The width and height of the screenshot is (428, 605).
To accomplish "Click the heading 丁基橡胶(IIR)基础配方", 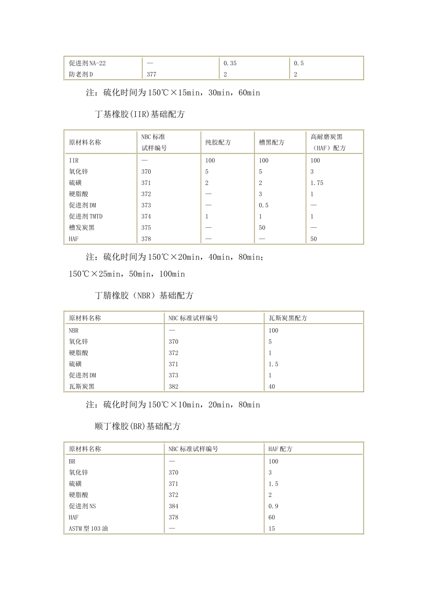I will pyautogui.click(x=140, y=114).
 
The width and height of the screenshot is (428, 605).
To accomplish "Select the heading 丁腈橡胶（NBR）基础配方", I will pyautogui.click(x=144, y=296).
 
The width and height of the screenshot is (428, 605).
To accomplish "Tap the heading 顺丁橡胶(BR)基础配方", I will pyautogui.click(x=137, y=426).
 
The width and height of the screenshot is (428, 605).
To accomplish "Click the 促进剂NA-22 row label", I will pyautogui.click(x=87, y=63).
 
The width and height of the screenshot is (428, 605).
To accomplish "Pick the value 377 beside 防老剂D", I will pyautogui.click(x=151, y=75).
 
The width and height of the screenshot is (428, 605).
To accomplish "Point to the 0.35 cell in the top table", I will pyautogui.click(x=230, y=63).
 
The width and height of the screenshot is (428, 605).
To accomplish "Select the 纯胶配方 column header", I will pyautogui.click(x=218, y=143).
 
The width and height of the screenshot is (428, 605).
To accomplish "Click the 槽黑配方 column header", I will pyautogui.click(x=272, y=143).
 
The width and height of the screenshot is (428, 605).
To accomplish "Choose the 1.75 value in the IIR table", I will pyautogui.click(x=317, y=183).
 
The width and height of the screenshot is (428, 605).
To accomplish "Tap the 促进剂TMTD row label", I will pyautogui.click(x=86, y=217).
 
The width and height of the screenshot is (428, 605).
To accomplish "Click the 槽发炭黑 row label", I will pyautogui.click(x=82, y=228).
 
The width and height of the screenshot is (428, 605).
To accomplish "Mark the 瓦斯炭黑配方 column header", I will pyautogui.click(x=288, y=318).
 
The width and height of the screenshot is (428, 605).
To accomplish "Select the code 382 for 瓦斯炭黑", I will pyautogui.click(x=173, y=387).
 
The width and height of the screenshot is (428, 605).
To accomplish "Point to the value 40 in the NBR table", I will pyautogui.click(x=272, y=387).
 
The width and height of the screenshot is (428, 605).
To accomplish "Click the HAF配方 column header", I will pyautogui.click(x=280, y=449).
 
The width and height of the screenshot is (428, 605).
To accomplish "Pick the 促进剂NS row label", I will pyautogui.click(x=82, y=506).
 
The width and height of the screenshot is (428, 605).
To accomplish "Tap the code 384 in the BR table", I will pyautogui.click(x=173, y=506).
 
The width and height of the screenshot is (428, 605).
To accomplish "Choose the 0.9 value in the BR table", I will pyautogui.click(x=273, y=506).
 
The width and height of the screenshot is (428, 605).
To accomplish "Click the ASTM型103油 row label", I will pyautogui.click(x=88, y=529).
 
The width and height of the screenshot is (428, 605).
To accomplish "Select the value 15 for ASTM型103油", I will pyautogui.click(x=272, y=529).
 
